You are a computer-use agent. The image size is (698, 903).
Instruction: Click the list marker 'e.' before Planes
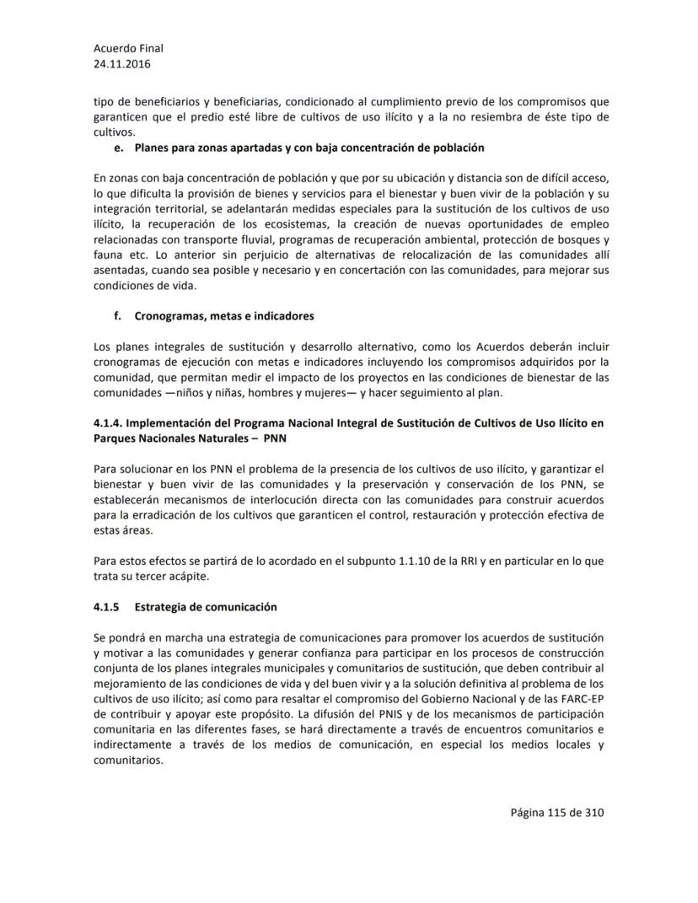117,148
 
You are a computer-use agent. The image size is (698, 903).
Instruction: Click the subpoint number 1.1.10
417,561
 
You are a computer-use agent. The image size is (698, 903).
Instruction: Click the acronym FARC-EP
580,698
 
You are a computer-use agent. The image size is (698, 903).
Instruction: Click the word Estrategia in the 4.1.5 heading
163,607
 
